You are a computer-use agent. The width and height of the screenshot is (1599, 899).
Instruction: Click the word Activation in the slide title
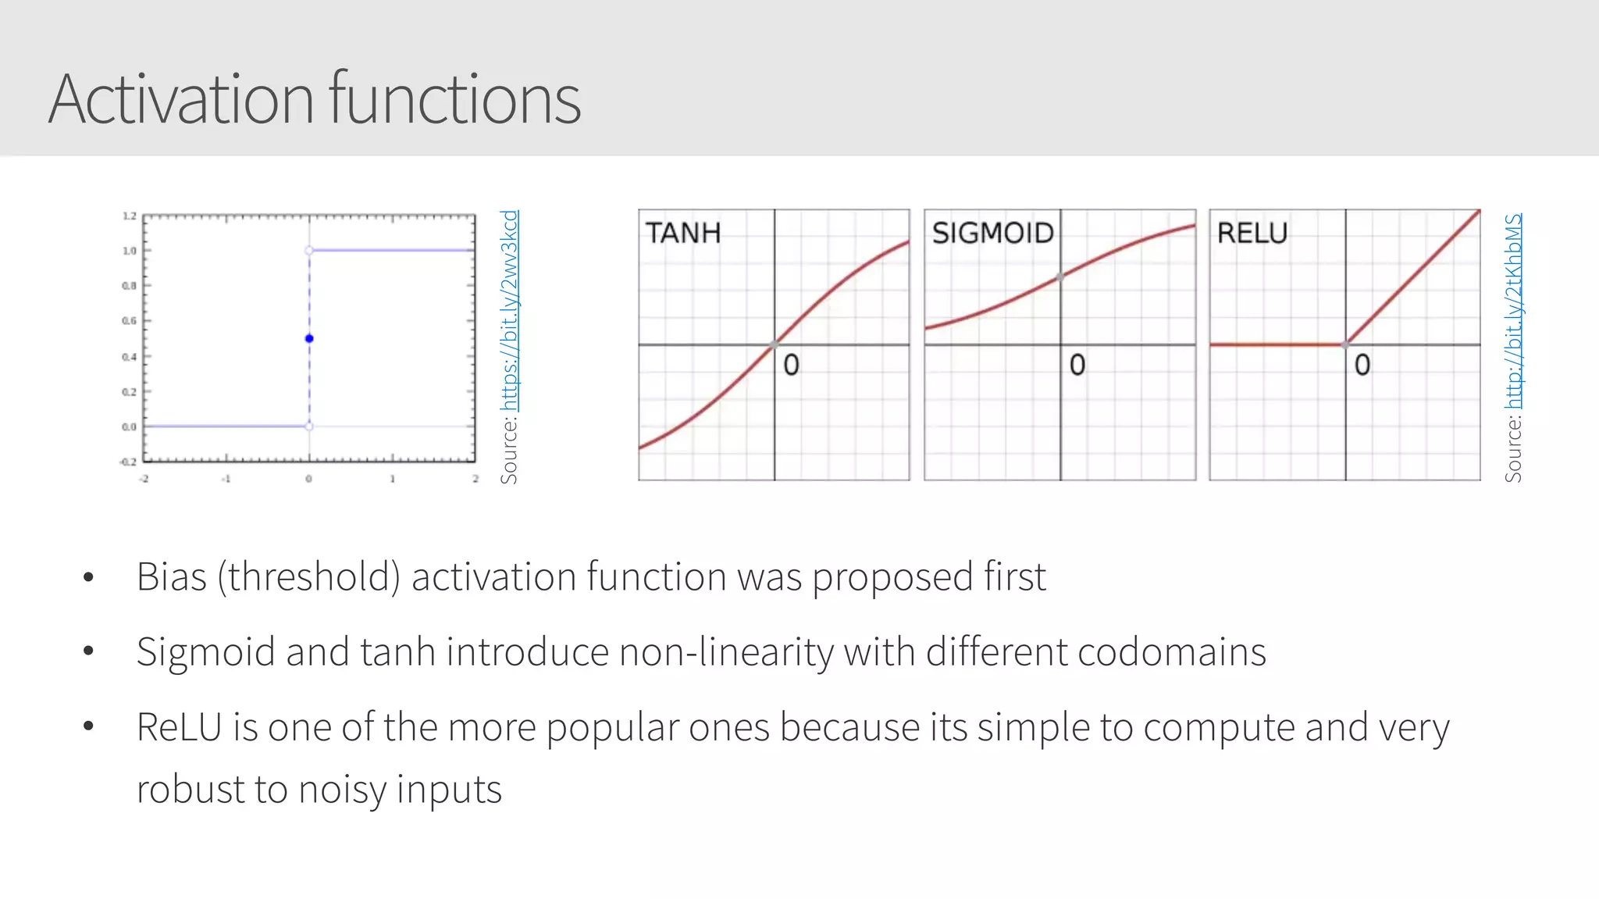181,99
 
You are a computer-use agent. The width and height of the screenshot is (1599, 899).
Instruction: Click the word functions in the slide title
454,99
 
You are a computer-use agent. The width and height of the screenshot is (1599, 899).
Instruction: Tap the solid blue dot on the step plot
309,338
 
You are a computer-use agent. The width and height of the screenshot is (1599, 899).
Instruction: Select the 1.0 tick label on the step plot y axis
129,251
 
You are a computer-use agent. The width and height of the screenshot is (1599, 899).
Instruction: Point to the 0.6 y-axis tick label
129,321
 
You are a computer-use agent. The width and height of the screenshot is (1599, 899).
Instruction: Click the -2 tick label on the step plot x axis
144,479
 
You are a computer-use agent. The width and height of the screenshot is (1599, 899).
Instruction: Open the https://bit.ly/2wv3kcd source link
509,310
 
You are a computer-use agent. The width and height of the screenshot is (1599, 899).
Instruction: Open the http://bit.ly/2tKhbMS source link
1513,311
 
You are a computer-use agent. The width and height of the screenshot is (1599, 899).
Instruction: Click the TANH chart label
683,233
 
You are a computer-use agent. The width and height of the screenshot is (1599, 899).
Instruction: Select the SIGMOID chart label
992,233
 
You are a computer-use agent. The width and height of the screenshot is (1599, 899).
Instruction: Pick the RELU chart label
1252,233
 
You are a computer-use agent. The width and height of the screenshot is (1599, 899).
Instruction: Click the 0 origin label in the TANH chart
791,365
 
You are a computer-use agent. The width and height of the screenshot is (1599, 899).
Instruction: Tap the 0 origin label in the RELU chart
1362,365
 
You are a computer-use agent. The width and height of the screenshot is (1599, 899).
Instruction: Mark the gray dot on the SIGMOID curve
1059,276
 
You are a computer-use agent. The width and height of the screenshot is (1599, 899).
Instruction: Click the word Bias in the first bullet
172,577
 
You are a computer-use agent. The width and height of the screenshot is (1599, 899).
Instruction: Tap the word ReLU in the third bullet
180,727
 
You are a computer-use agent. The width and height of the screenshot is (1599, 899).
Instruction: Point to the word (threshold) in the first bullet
309,577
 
